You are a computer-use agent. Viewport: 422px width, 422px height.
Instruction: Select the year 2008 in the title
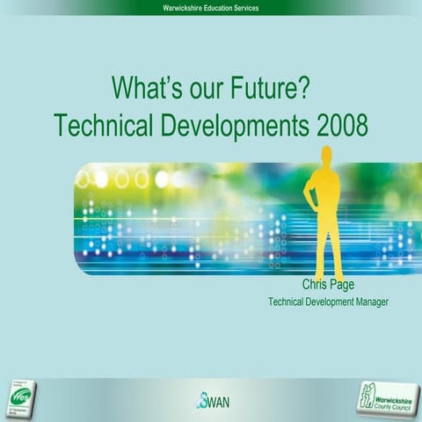point(338,125)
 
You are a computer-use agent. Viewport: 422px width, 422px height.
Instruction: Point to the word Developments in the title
point(233,125)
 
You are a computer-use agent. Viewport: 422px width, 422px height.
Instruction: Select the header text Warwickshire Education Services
point(211,7)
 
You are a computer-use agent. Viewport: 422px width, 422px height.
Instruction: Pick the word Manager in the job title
point(368,302)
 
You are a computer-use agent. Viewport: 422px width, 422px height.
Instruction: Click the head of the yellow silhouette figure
point(326,155)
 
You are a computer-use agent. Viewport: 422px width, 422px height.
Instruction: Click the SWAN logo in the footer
point(212,400)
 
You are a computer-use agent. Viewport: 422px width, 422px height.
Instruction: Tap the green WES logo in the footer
point(24,397)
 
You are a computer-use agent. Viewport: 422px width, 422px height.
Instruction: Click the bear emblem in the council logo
point(371,397)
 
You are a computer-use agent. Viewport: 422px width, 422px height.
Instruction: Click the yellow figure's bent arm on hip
point(310,189)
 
